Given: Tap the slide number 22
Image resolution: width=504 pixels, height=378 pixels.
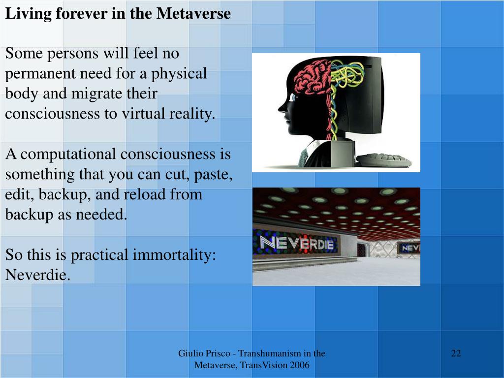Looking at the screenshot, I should (x=456, y=353).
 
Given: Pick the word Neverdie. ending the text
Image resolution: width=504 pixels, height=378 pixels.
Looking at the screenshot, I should (x=38, y=275).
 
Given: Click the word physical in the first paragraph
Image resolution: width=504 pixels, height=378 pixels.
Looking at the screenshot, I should (x=179, y=74).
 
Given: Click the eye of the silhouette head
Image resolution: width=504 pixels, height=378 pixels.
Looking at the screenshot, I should (x=293, y=97).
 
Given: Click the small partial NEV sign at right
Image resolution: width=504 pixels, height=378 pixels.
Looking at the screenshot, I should (x=410, y=248).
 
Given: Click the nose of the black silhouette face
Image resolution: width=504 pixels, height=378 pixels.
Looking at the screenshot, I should (x=281, y=106).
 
